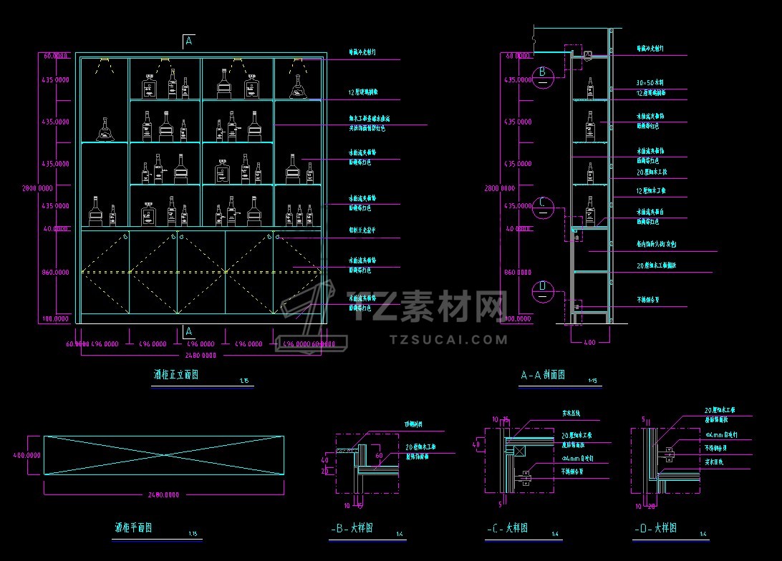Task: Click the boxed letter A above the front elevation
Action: pos(189,41)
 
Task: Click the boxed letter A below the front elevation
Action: pos(189,331)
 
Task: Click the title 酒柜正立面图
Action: pos(176,375)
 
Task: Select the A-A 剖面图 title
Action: pos(543,375)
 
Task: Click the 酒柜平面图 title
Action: pos(133,529)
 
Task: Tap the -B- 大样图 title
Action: pos(352,529)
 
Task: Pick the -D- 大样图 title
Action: pos(655,529)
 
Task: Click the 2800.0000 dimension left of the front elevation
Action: pos(37,188)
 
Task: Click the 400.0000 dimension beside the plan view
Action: pos(27,454)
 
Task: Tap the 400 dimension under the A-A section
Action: pos(589,343)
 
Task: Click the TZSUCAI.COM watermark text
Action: pos(450,339)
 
